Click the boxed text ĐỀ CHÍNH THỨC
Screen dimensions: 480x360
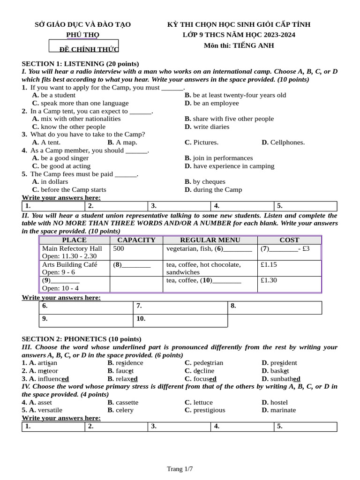point(84,49)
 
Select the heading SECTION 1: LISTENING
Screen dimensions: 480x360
point(80,64)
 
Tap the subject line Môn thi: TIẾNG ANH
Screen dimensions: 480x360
point(239,45)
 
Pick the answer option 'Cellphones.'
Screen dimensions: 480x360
point(283,142)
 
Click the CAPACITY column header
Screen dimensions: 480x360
point(136,240)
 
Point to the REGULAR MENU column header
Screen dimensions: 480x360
point(210,240)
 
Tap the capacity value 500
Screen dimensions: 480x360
point(119,249)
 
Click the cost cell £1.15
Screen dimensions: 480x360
point(269,265)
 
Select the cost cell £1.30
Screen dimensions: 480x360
point(269,280)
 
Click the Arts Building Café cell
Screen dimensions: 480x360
point(70,265)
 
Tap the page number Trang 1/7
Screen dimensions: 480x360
point(180,469)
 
